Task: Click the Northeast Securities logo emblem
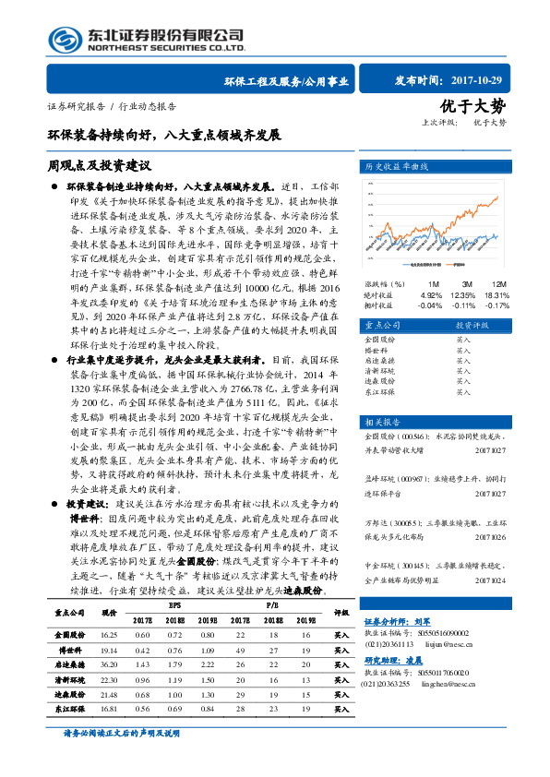click(x=64, y=39)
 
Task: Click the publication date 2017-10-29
click(x=481, y=80)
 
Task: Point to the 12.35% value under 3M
click(x=461, y=294)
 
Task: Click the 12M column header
click(x=498, y=283)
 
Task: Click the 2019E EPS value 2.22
click(x=205, y=663)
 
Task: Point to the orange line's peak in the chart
click(x=498, y=197)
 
